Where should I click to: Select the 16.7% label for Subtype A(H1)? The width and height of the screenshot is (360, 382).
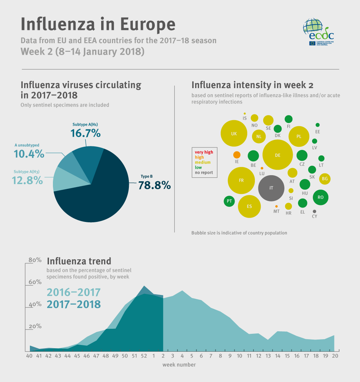tap(85, 133)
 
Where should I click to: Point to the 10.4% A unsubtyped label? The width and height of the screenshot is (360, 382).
tap(29, 154)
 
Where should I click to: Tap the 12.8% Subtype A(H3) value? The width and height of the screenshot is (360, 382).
tap(27, 180)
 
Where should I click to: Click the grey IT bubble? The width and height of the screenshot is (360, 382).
tap(271, 188)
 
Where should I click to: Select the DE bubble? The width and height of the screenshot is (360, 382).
tap(277, 155)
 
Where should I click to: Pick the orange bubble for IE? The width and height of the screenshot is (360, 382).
tap(237, 155)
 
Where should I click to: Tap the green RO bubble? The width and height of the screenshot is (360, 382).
tap(320, 197)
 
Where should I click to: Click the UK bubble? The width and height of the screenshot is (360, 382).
tap(234, 134)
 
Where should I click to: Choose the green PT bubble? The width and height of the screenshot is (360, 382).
tap(229, 201)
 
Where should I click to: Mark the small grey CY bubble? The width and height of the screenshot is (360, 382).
tap(315, 212)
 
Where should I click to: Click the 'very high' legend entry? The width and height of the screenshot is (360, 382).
tap(204, 152)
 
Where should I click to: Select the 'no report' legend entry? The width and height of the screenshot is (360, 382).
tap(204, 172)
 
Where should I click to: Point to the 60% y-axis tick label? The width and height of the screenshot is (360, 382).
tap(35, 282)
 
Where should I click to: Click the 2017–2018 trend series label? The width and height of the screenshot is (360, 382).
tap(74, 304)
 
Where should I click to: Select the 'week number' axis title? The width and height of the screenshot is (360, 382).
tap(179, 365)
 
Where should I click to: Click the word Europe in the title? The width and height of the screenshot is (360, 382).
tap(148, 24)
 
